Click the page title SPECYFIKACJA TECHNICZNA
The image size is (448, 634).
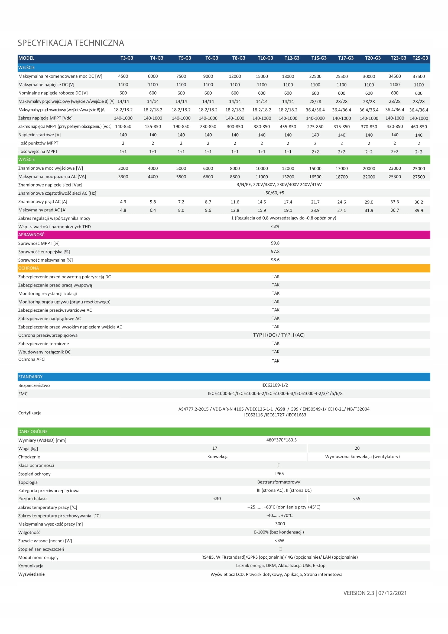click(x=71, y=43)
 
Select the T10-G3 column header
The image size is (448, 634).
click(x=265, y=58)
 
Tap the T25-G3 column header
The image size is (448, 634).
click(x=420, y=58)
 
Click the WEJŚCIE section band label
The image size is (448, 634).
click(x=27, y=67)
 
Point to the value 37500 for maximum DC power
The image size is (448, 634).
click(x=418, y=76)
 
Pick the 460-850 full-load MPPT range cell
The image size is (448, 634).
click(x=418, y=127)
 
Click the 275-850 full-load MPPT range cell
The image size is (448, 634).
click(x=315, y=127)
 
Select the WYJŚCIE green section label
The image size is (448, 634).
click(x=27, y=159)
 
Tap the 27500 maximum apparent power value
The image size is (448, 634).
click(x=418, y=177)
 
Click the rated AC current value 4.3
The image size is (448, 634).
click(x=123, y=202)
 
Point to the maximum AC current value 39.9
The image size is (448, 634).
click(x=418, y=210)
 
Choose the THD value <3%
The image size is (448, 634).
click(x=275, y=226)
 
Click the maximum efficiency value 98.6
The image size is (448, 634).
click(x=275, y=260)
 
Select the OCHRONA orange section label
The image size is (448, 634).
click(x=28, y=268)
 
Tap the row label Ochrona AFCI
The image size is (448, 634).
click(x=32, y=359)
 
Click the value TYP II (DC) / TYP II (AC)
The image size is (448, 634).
click(x=279, y=335)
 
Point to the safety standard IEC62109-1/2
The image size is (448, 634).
click(x=274, y=385)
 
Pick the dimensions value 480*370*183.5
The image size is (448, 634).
click(x=281, y=440)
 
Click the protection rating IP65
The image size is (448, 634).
click(x=279, y=474)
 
